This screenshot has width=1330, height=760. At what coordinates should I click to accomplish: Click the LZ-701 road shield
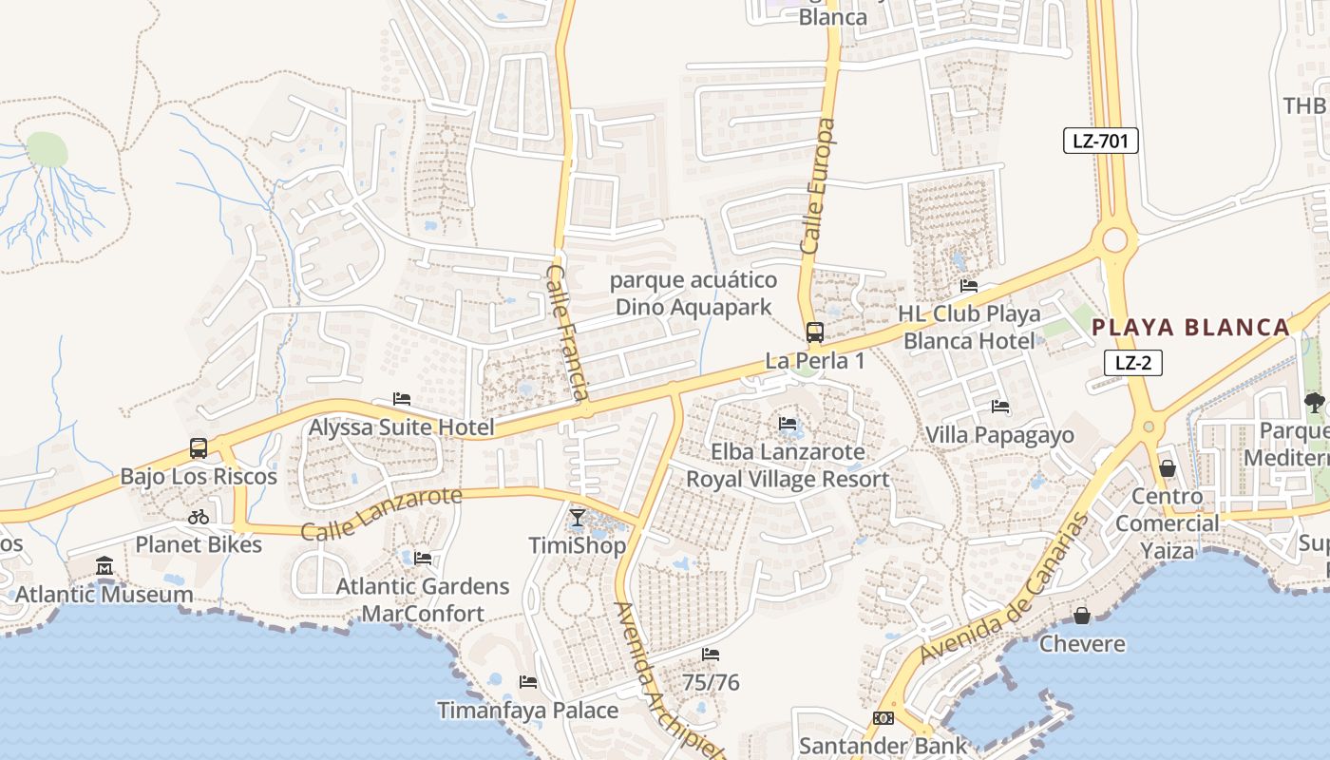pos(1100,142)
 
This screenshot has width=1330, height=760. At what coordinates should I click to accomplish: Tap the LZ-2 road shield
pos(1133,362)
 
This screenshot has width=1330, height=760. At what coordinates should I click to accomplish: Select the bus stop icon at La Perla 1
pos(815,332)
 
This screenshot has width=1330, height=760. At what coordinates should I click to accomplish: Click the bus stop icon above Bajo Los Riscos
pos(199,447)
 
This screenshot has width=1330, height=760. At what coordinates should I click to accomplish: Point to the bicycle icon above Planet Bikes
pos(199,517)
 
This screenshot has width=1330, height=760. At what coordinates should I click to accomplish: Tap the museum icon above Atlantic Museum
pos(104,567)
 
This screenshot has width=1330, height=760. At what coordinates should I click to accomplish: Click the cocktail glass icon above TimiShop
pos(578,518)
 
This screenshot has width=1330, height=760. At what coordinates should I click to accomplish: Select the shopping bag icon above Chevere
pos(1082,617)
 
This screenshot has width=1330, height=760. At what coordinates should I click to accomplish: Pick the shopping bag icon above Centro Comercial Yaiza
pos(1168,468)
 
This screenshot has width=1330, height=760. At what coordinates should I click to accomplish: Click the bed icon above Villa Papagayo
pos(999,407)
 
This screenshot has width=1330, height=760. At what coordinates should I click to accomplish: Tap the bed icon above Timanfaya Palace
pos(528,682)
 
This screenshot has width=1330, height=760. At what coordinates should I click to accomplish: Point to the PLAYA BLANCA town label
pos(1190,328)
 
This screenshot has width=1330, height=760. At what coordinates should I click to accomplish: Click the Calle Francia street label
pos(569,332)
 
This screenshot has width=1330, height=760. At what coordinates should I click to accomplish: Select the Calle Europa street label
pos(818,186)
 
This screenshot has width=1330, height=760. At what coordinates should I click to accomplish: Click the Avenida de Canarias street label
pos(1003,589)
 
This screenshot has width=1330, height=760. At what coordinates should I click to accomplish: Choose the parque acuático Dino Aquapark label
pos(693,294)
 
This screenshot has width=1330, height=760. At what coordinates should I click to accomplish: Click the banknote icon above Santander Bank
pos(883,718)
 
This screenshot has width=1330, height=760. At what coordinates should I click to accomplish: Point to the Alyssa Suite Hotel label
pos(401,427)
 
